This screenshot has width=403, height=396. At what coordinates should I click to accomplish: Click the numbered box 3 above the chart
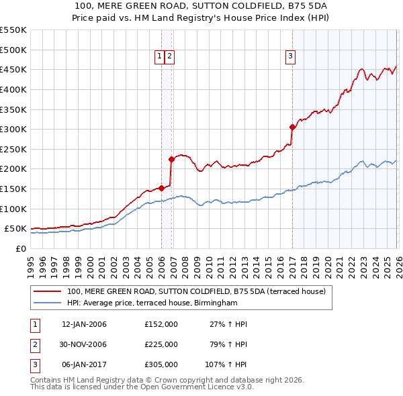291,57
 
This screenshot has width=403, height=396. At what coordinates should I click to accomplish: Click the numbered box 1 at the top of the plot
160,57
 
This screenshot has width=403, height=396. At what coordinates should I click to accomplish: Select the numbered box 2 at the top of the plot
169,57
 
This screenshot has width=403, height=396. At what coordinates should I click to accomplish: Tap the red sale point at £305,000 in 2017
292,127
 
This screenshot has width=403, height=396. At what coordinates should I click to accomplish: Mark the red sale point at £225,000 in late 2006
171,159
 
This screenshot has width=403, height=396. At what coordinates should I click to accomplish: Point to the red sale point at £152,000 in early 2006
161,188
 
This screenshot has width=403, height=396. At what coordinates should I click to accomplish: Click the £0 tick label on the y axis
21,248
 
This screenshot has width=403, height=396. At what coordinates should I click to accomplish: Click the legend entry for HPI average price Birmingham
152,303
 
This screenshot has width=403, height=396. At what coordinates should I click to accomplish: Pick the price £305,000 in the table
161,364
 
